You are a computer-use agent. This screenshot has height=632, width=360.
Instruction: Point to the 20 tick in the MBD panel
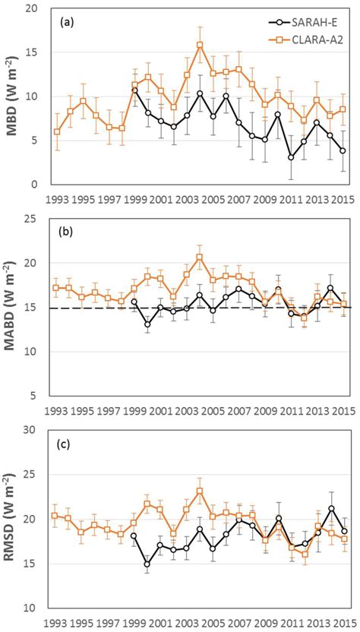click(x=32, y=8)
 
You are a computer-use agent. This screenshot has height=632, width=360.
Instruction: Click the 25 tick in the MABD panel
click(x=32, y=220)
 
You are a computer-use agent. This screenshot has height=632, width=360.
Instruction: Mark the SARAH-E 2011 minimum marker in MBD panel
click(x=291, y=157)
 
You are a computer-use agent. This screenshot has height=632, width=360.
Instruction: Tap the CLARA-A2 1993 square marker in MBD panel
click(x=57, y=132)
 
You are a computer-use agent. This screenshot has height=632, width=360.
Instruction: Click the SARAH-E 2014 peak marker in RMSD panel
click(x=330, y=508)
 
